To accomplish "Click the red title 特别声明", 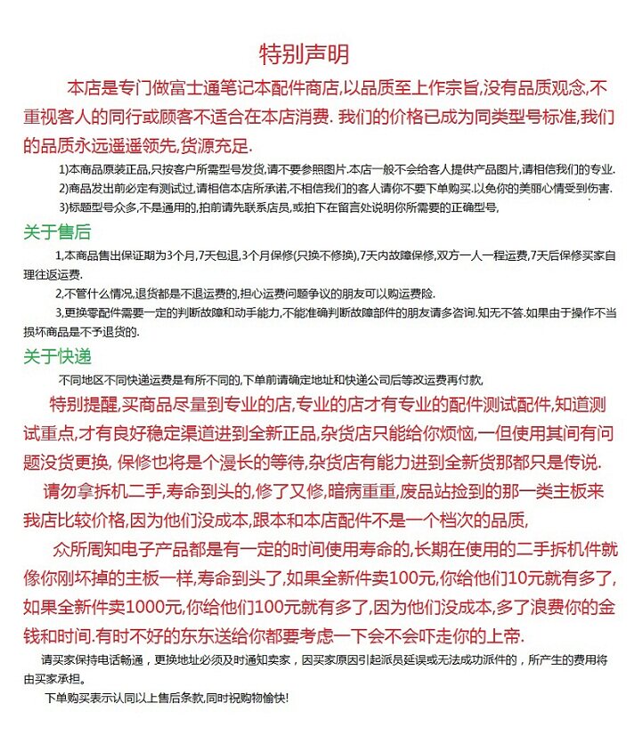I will pos(304,53).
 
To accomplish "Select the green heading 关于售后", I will pos(57,233).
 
